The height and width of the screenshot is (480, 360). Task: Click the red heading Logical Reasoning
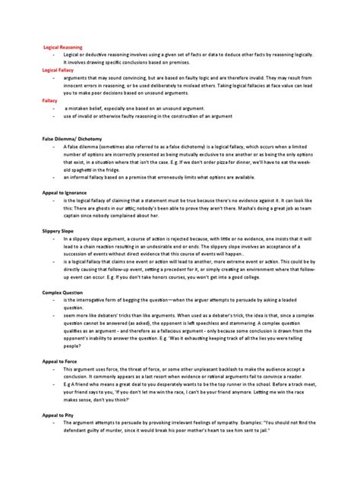tap(62, 47)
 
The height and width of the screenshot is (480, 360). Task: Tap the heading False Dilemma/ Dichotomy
tap(75, 139)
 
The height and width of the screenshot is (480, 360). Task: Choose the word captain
tap(76, 216)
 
